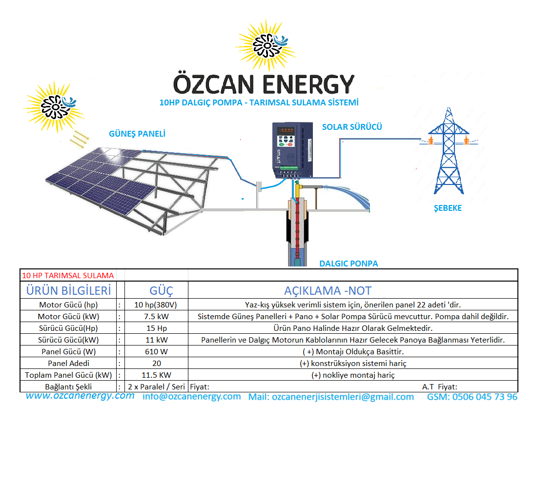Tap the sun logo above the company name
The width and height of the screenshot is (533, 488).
point(266,45)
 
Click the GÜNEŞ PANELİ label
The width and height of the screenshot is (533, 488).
point(137,134)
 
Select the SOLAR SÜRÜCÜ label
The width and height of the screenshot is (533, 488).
point(352,127)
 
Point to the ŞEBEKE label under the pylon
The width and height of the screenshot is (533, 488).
point(448,208)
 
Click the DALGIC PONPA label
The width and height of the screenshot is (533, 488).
point(348,264)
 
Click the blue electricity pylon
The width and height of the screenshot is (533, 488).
point(449,151)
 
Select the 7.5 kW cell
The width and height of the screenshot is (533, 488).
point(156,316)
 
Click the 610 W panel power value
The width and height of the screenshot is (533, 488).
point(156,351)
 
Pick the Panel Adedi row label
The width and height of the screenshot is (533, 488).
point(69,363)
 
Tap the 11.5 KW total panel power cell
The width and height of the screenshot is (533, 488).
point(156,375)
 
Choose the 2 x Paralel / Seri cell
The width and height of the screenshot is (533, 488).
point(156,386)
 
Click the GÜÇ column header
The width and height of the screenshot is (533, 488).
point(161,291)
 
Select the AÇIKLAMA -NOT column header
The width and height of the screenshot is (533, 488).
point(328,291)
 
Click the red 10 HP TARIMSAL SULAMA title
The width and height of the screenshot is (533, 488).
point(68,276)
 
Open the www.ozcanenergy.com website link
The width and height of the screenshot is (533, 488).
point(80,396)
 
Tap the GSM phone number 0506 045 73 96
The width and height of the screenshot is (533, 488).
point(472,397)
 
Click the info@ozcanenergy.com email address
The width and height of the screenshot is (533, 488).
point(192,397)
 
